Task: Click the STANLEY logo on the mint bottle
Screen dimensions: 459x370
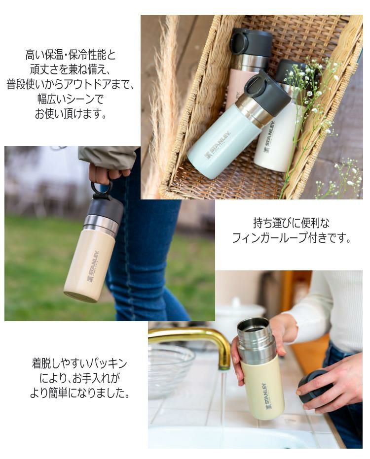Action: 218,145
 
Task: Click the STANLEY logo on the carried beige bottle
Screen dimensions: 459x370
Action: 93,266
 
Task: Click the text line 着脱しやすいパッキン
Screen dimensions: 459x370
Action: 79,364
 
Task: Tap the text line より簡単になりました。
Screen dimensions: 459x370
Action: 79,394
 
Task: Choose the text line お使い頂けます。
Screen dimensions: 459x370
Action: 71,114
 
